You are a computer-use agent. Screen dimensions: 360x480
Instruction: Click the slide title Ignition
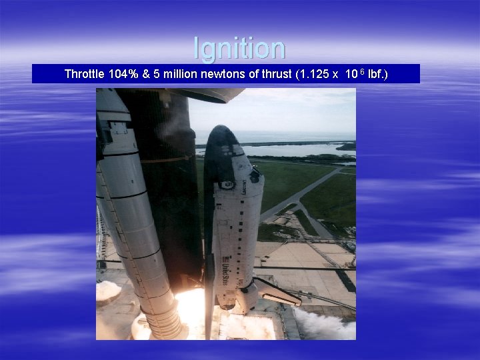[x=239, y=48]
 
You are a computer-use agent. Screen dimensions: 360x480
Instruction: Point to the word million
[x=179, y=74]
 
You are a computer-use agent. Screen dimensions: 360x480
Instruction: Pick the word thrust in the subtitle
[x=273, y=74]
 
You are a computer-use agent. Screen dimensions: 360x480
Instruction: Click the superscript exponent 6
[x=361, y=71]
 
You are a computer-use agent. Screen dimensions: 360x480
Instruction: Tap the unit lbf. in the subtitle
[x=377, y=74]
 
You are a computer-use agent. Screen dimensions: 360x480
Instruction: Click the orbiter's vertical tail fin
[x=209, y=293]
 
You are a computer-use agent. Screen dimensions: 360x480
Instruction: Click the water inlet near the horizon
[x=293, y=150]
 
